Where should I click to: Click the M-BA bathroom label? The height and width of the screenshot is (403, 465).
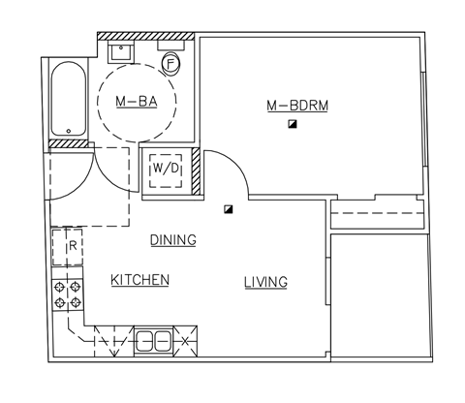pos(138,101)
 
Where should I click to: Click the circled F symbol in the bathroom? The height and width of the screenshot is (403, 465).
pos(170,64)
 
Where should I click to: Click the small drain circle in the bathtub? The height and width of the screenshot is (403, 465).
pos(68,130)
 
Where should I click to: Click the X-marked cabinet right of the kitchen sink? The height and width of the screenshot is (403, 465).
pos(183,340)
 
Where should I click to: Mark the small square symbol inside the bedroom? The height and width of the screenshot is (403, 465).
pos(291,125)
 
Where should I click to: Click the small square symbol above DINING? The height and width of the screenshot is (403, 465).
pos(229,207)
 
